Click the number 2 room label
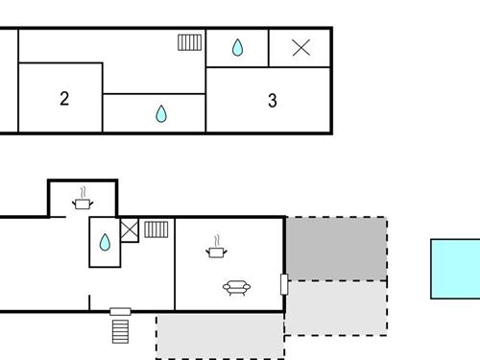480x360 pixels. click(x=64, y=98)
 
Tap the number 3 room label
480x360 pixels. click(x=273, y=100)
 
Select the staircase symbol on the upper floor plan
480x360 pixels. click(x=190, y=42)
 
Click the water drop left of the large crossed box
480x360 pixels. click(x=237, y=47)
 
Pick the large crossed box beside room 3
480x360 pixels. click(x=300, y=47)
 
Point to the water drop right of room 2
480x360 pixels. click(x=161, y=114)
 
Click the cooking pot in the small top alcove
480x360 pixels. click(x=84, y=202)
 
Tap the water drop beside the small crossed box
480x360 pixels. click(x=105, y=242)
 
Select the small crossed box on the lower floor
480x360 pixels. click(x=130, y=229)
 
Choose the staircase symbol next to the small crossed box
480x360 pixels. click(x=156, y=229)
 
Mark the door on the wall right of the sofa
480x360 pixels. click(x=283, y=284)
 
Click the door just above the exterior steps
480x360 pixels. click(x=120, y=311)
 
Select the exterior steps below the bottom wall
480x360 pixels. click(x=120, y=330)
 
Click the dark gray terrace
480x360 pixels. click(x=336, y=249)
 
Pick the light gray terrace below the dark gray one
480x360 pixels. click(x=336, y=307)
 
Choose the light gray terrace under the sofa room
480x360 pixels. click(x=220, y=336)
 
